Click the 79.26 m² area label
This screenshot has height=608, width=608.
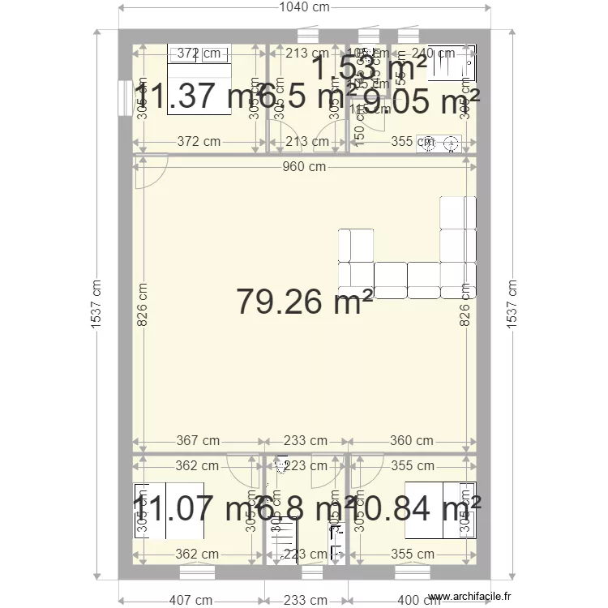pos(305,302)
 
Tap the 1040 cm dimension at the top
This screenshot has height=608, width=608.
pos(305,7)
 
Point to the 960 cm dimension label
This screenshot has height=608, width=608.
pos(305,167)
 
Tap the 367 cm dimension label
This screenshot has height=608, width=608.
pos(198,441)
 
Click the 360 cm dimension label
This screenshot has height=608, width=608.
pos(411,441)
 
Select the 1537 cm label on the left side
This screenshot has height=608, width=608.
pos(96,305)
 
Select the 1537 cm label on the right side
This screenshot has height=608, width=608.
pos(512,305)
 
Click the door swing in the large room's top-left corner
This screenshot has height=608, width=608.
pos(151,172)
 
